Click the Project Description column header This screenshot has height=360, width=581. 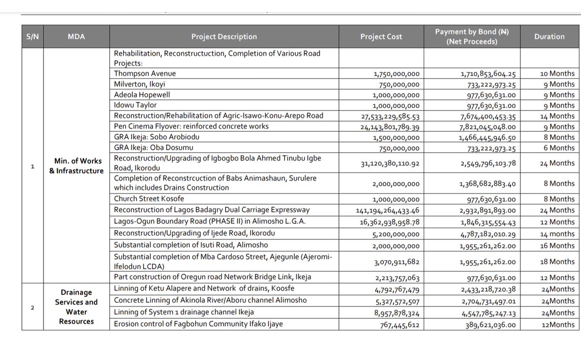(224, 36)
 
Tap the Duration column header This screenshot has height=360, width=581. (549, 36)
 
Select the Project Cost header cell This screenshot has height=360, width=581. (381, 36)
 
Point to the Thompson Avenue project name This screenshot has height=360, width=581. (145, 74)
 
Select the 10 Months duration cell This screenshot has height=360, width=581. (557, 74)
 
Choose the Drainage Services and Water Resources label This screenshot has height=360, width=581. (76, 307)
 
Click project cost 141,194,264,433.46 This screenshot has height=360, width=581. (388, 210)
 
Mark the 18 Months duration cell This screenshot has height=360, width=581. (557, 262)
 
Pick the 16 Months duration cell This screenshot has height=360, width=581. (557, 246)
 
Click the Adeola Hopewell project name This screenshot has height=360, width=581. (142, 95)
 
